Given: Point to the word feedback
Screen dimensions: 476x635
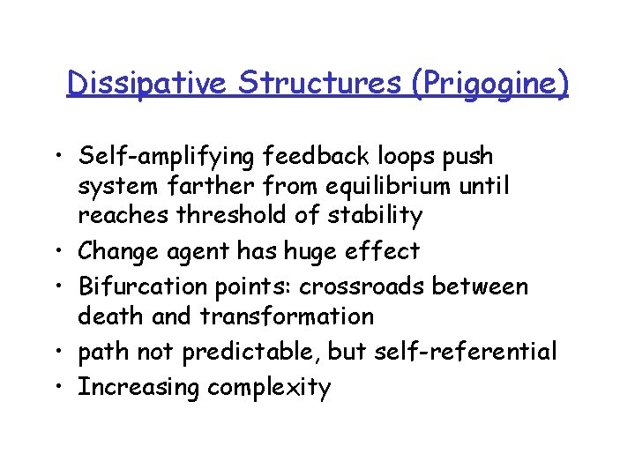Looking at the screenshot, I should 324,156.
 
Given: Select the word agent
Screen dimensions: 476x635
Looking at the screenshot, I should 201,252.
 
